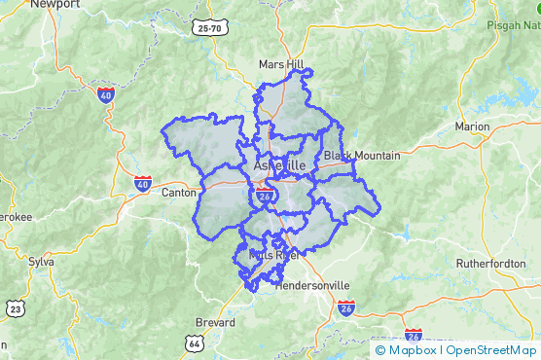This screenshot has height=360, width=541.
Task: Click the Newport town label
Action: point(54,5)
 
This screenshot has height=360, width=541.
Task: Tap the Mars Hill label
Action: point(281,64)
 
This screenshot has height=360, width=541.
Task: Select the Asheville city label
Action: point(279,166)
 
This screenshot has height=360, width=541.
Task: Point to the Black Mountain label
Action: point(362,156)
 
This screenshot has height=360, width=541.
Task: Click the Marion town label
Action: point(472,127)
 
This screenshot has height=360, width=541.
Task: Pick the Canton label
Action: point(178,193)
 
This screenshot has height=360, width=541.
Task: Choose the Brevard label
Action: point(215,322)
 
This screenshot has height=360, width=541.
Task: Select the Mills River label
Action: point(273,255)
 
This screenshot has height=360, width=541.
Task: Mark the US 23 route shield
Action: point(15,309)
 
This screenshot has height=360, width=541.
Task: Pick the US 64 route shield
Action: point(195,343)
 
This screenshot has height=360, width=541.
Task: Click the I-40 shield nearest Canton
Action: point(143,183)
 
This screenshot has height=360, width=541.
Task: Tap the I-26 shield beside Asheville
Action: point(265,198)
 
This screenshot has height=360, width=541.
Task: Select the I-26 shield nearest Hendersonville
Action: point(347,309)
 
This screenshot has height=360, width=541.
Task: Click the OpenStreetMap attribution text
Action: point(491,350)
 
